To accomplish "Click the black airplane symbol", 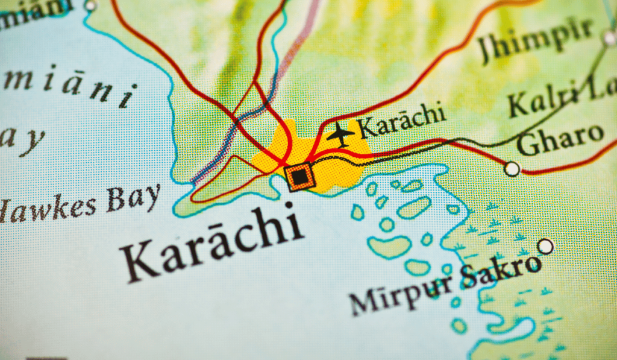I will click(340, 134).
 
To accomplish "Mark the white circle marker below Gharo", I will click(512, 169).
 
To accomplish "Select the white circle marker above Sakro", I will click(545, 246).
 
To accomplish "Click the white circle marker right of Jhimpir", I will click(609, 37).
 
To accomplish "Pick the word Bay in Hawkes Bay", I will click(134, 197).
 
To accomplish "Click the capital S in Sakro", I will click(469, 278).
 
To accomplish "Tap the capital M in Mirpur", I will click(362, 302).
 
